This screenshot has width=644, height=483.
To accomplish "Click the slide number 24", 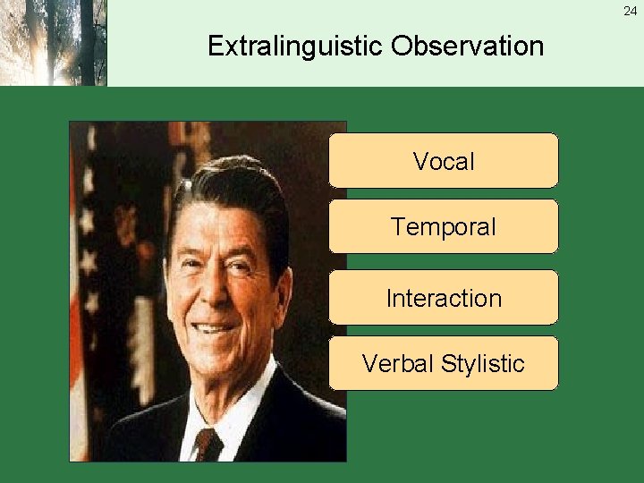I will coord(631,12).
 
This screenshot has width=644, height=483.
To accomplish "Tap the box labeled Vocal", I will coord(444,161).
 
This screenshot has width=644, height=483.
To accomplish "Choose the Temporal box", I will coord(444,227).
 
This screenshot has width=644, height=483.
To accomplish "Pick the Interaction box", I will coord(444,298).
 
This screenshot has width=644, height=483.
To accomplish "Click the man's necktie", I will coord(208,444).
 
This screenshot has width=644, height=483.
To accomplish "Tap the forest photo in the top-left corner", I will coord(53,43).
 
